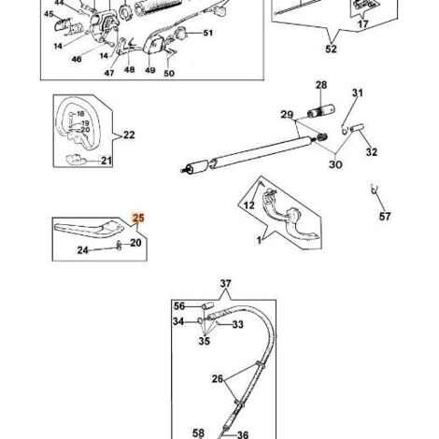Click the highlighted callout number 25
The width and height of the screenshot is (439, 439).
pyautogui.click(x=138, y=218)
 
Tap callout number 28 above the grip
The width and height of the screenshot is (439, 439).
pyautogui.click(x=321, y=85)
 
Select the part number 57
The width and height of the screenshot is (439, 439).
pyautogui.click(x=385, y=216)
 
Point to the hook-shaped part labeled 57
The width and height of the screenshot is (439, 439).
pyautogui.click(x=374, y=189)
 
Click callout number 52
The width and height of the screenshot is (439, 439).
pyautogui.click(x=331, y=49)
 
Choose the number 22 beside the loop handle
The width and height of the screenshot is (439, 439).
pyautogui.click(x=129, y=135)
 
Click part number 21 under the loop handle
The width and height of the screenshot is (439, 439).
pyautogui.click(x=106, y=161)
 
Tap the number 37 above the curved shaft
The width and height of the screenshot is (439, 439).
pyautogui.click(x=226, y=284)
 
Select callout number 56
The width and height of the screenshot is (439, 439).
pyautogui.click(x=179, y=306)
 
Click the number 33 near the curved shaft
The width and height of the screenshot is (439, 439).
pyautogui.click(x=237, y=324)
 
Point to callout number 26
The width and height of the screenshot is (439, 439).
pyautogui.click(x=218, y=379)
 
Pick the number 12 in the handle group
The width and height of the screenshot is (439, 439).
pyautogui.click(x=248, y=205)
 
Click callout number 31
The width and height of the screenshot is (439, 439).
pyautogui.click(x=358, y=92)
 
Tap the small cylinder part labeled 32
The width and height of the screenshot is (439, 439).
pyautogui.click(x=357, y=128)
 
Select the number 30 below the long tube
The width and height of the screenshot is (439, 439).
pyautogui.click(x=335, y=164)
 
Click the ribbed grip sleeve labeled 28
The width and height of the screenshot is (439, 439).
pyautogui.click(x=321, y=111)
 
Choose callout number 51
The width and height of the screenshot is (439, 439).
pyautogui.click(x=208, y=33)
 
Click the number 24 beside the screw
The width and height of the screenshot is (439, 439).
pyautogui.click(x=83, y=250)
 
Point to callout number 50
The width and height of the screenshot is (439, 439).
pyautogui.click(x=169, y=73)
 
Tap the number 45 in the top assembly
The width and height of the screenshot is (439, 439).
pyautogui.click(x=49, y=14)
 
